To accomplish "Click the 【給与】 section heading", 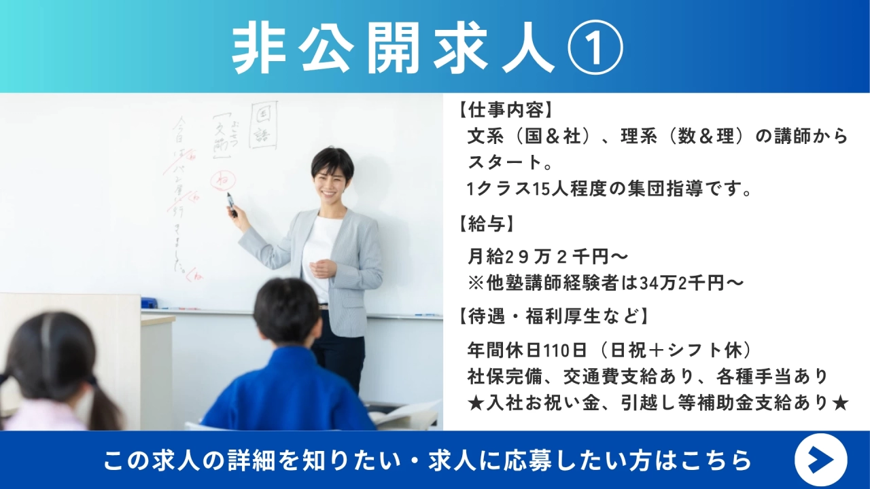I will [485, 223].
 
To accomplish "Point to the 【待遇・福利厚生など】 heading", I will [551, 316].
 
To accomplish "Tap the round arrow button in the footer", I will [820, 460].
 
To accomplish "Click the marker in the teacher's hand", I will [232, 203].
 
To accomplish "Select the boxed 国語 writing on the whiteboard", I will [263, 126].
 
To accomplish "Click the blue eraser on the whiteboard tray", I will [149, 303].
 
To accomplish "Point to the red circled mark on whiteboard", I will [221, 180].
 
